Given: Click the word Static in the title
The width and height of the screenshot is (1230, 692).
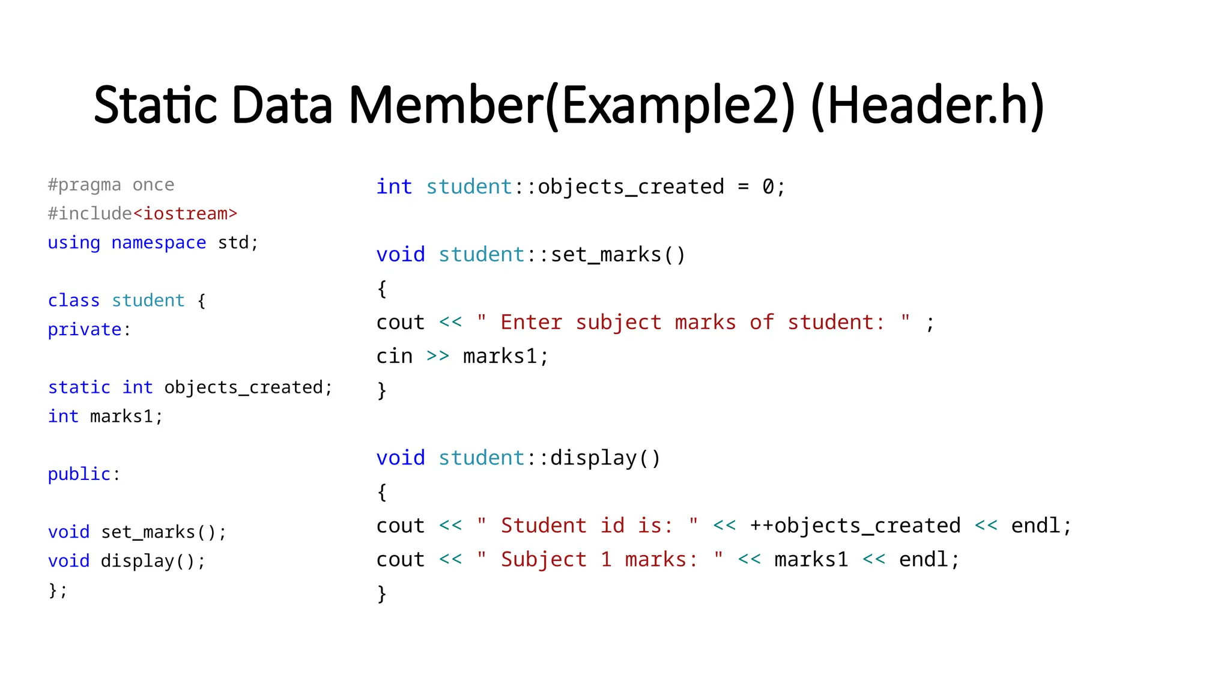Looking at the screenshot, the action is click(x=154, y=106).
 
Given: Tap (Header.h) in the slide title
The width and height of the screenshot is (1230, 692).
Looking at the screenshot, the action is click(x=927, y=106).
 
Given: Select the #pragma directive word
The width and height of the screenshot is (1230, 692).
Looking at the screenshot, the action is click(x=85, y=184).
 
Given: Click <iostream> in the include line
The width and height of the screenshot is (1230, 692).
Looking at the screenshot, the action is click(x=185, y=213).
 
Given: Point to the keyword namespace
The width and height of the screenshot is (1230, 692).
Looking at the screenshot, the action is click(x=159, y=243).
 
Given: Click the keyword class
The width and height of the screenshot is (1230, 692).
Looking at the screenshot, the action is click(x=74, y=300).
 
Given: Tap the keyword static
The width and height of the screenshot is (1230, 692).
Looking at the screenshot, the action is click(x=79, y=387).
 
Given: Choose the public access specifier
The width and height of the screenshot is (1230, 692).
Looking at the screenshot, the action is click(x=79, y=474).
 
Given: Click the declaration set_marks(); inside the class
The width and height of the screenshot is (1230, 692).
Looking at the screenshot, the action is click(x=163, y=532).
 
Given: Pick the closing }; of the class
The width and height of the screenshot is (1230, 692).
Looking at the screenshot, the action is click(x=58, y=590).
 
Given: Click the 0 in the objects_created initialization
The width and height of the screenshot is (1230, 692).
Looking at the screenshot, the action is click(x=768, y=187).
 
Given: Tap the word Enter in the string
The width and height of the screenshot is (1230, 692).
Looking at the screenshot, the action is click(x=532, y=323).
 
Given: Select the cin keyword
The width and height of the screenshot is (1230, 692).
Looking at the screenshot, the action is click(x=395, y=356).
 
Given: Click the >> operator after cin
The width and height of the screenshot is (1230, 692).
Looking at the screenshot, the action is click(x=438, y=356).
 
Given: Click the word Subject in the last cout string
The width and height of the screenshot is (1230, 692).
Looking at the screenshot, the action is click(x=544, y=559).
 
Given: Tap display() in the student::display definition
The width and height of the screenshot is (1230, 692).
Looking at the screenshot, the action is click(x=605, y=458).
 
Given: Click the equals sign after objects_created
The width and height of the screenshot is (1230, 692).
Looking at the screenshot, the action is click(x=744, y=187).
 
